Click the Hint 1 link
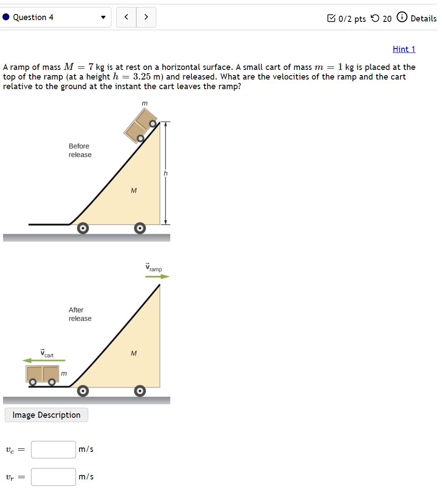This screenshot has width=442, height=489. [404, 49]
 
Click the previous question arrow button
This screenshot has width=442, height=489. [126, 17]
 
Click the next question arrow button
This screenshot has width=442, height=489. [146, 17]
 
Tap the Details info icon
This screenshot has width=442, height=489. [401, 17]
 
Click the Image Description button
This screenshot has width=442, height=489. [46, 415]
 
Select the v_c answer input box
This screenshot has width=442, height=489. [53, 449]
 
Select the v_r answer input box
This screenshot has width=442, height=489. [53, 477]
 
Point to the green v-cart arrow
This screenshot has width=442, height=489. [44, 361]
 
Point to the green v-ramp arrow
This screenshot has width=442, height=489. [157, 276]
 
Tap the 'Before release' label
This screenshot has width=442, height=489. [79, 150]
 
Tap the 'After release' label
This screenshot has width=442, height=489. [79, 314]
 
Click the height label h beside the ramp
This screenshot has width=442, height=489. [166, 173]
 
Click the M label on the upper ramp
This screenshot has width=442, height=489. [134, 191]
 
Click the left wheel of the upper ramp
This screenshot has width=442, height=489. [83, 228]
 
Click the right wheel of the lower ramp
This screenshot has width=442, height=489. [139, 391]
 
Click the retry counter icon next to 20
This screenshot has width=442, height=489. [375, 18]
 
